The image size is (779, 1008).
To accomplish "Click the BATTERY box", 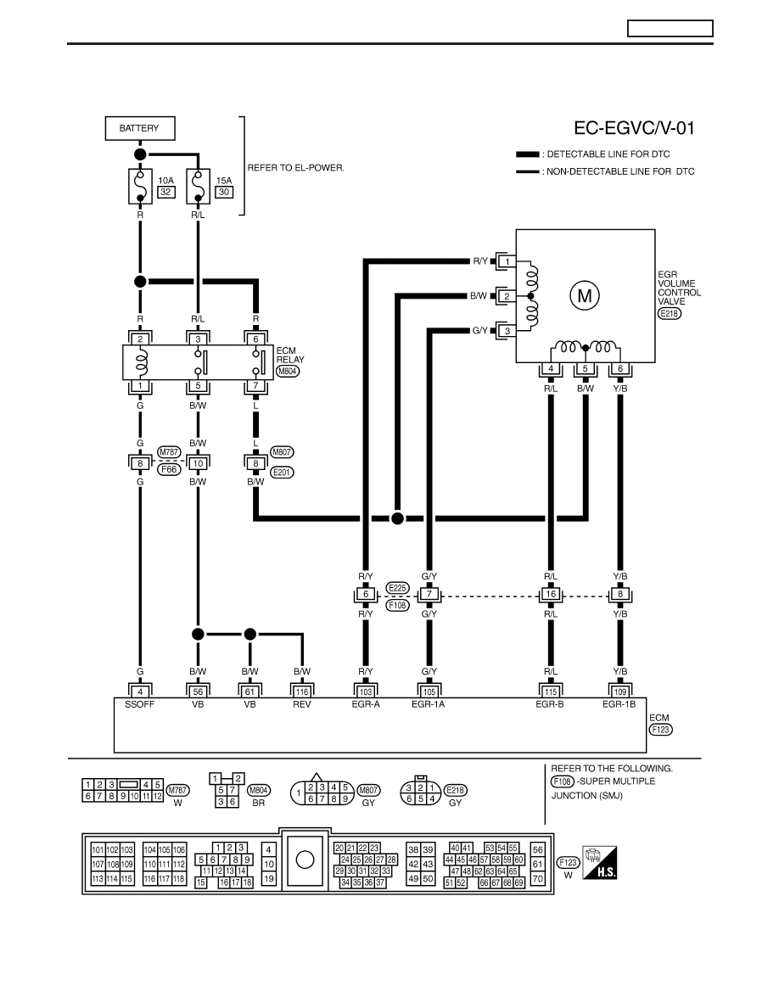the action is (140, 128).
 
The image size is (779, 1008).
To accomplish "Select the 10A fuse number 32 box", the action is (165, 192).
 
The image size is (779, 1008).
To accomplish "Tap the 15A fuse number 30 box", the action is (224, 192).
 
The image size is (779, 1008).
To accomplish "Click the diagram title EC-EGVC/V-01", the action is (634, 128).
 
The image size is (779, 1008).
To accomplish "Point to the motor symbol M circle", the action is (584, 296).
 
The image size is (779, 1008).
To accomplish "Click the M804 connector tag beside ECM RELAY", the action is (288, 371).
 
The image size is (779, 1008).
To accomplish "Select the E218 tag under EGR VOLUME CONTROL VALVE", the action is (669, 314).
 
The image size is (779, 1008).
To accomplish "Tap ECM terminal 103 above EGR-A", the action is (365, 692).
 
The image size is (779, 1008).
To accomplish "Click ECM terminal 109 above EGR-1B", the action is (619, 692).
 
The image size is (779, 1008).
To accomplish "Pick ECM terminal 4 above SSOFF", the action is (140, 692).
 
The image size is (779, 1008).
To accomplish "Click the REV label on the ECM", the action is (301, 704).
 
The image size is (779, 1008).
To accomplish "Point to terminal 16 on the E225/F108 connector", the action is (551, 594).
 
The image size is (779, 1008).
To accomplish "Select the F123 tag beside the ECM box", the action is (660, 730).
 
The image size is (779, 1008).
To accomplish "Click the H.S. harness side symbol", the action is (600, 863).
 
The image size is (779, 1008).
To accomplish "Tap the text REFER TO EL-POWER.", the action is (295, 168).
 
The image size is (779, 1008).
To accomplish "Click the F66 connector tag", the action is (169, 469).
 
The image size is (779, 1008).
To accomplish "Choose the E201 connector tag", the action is (282, 473).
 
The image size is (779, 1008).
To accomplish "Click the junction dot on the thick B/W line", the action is (397, 518).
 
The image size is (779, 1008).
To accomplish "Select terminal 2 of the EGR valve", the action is (507, 296).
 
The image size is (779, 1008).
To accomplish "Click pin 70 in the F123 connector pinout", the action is (538, 879).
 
